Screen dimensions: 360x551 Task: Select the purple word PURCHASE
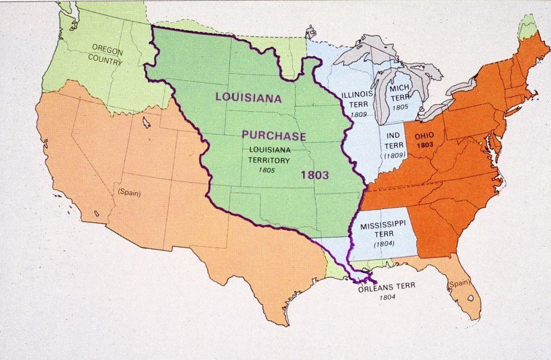tap(274, 135)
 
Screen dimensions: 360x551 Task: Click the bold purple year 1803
tap(314, 175)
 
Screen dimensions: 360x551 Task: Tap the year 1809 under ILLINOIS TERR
tap(358, 114)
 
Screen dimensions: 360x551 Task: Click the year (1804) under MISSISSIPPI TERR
tap(384, 244)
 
